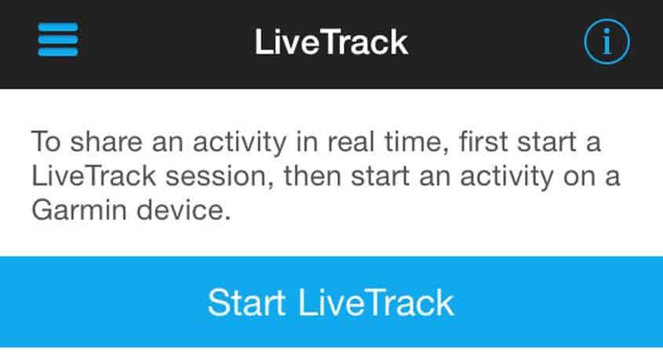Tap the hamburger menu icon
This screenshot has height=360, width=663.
58,40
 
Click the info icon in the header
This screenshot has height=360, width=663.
607,42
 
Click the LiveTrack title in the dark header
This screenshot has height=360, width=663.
331,42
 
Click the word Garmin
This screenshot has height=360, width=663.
79,209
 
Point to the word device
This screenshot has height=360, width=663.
184,209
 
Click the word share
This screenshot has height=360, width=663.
106,141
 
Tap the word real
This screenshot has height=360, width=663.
351,141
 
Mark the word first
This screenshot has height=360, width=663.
483,141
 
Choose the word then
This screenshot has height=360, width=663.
312,176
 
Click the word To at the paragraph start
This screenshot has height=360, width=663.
46,141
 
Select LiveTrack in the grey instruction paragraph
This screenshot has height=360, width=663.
94,176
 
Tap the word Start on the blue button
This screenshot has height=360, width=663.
246,303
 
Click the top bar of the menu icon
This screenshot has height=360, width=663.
58,27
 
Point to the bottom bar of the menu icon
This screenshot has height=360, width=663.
58,52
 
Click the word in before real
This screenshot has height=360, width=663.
307,141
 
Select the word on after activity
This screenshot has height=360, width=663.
579,176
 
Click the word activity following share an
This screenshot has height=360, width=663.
240,143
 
